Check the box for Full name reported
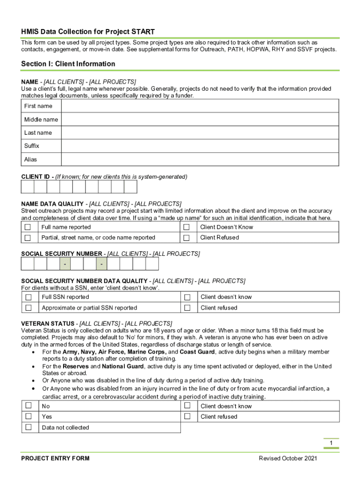(28, 227)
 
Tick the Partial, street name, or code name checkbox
(28, 238)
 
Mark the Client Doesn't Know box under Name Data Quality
(187, 227)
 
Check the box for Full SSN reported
(29, 297)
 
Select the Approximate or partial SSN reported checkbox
(29, 308)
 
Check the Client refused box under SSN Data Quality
(187, 308)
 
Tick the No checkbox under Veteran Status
(29, 406)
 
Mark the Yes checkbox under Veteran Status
(29, 416)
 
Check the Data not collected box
(29, 427)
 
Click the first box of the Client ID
(28, 187)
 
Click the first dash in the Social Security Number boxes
(65, 265)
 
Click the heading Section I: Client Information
(68, 64)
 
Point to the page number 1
(331, 443)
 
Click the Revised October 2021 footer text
(288, 458)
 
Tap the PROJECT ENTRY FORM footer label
(55, 458)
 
